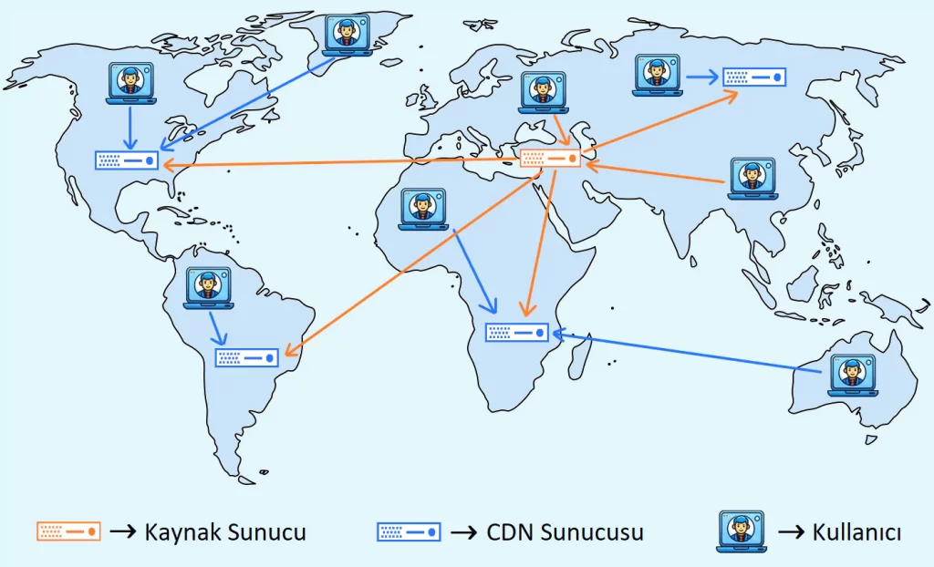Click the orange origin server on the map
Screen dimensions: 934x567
pyautogui.click(x=550, y=159)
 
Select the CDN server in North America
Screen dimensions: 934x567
pyautogui.click(x=126, y=160)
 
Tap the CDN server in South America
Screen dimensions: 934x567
pyautogui.click(x=246, y=357)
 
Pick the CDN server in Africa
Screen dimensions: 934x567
pyautogui.click(x=517, y=333)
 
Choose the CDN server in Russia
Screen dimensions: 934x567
pyautogui.click(x=754, y=77)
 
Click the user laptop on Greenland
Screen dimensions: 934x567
pyautogui.click(x=347, y=36)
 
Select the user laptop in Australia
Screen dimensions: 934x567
pyautogui.click(x=853, y=376)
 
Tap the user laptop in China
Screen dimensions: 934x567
pyautogui.click(x=752, y=178)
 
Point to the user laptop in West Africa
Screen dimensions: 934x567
pyautogui.click(x=423, y=209)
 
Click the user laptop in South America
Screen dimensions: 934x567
pyautogui.click(x=209, y=288)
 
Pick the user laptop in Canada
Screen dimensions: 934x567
pyautogui.click(x=131, y=83)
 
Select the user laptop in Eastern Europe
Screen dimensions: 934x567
pyautogui.click(x=544, y=92)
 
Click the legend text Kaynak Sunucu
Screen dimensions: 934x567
pyautogui.click(x=225, y=531)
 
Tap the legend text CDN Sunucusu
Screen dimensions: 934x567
pyautogui.click(x=565, y=531)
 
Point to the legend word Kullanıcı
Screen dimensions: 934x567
pyautogui.click(x=856, y=531)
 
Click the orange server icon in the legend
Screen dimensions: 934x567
pyautogui.click(x=68, y=531)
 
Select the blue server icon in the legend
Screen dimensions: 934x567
pyautogui.click(x=409, y=531)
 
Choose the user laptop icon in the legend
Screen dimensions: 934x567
pyautogui.click(x=742, y=531)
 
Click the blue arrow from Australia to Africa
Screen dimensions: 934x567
pyautogui.click(x=688, y=353)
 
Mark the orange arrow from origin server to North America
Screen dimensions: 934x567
pyautogui.click(x=341, y=162)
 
